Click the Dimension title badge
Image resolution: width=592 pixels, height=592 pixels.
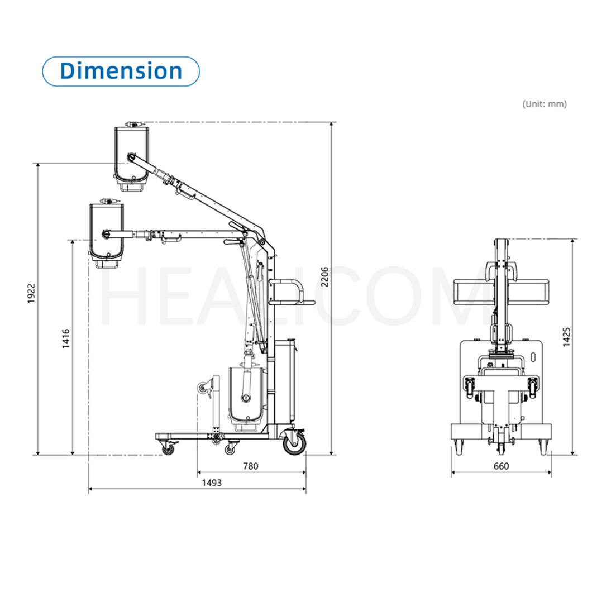pos(121,71)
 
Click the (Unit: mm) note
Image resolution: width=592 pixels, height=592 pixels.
pos(545,104)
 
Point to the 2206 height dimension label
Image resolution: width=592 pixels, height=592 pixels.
pos(324,277)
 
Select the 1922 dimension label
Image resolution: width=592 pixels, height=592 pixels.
pos(31,293)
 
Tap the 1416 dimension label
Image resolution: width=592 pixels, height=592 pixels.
pos(66,338)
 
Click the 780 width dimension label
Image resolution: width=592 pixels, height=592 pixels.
pos(251,466)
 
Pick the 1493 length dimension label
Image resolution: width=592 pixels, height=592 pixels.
pos(212,483)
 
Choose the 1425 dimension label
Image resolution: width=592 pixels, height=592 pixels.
pos(566,337)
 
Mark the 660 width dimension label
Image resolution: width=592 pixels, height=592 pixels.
pos(502,466)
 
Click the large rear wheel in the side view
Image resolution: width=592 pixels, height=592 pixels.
pos(294,442)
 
